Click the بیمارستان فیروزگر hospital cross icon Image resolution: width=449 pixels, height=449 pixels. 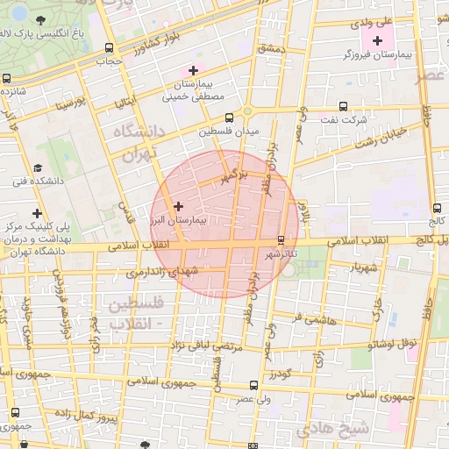point(378,40)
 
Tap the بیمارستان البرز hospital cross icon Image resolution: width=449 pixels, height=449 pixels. point(178,206)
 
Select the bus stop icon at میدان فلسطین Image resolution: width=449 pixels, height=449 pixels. point(230,117)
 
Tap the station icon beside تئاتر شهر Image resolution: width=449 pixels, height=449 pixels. point(281,240)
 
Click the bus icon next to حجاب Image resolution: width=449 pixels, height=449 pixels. point(108,48)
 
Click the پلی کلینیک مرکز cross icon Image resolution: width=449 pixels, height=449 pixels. point(36,213)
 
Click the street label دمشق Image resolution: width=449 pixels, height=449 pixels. point(272,49)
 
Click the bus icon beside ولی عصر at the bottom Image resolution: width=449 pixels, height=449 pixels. point(253,384)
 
